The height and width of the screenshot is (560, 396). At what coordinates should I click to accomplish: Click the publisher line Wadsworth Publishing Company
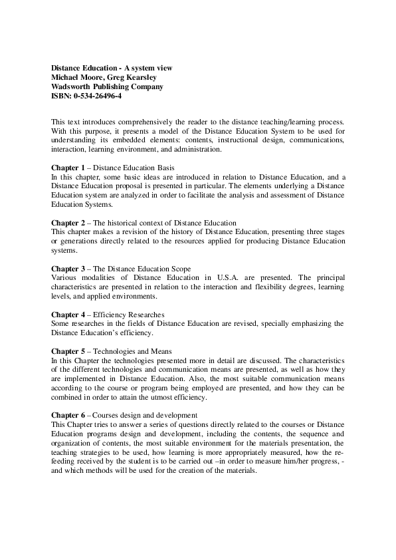107,86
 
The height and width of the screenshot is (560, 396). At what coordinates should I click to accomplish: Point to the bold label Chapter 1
68,168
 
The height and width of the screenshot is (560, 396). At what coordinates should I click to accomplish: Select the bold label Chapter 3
68,269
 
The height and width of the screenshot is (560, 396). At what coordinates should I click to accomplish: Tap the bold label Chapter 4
68,315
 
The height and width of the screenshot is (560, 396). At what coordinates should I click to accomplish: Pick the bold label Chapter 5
68,351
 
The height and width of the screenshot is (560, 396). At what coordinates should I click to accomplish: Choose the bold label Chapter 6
68,415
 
